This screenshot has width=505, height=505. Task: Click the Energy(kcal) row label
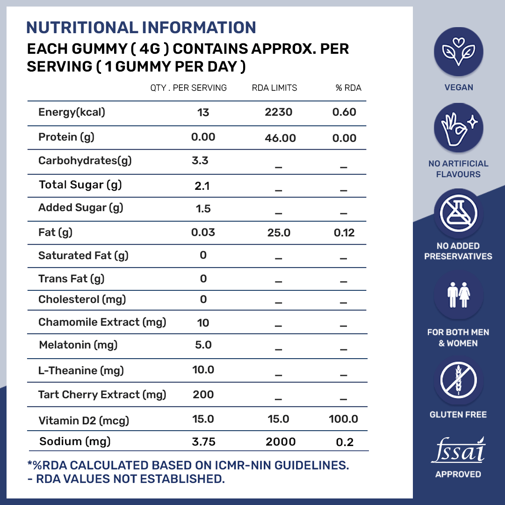click(72, 112)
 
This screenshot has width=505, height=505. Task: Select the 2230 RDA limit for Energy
click(279, 112)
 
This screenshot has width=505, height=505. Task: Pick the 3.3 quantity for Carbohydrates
click(200, 161)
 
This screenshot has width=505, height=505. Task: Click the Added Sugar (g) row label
click(80, 208)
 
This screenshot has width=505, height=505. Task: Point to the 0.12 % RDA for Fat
click(344, 232)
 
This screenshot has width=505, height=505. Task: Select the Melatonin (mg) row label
click(78, 345)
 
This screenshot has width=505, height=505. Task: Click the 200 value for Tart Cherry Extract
click(203, 394)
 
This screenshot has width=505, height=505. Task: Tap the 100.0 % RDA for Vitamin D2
click(343, 419)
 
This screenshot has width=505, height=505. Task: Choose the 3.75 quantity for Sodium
click(203, 442)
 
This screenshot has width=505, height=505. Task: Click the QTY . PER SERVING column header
click(188, 88)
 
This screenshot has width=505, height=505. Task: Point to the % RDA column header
click(348, 88)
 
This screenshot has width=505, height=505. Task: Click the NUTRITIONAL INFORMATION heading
click(141, 27)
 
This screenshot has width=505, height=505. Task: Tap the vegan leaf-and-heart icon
click(458, 51)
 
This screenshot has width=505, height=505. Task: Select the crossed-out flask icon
click(458, 213)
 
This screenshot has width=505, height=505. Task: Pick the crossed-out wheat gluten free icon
click(458, 380)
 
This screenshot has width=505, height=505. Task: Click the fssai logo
click(458, 451)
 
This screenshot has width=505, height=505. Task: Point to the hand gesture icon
click(458, 128)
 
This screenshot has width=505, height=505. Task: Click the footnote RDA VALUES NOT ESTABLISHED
click(126, 479)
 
